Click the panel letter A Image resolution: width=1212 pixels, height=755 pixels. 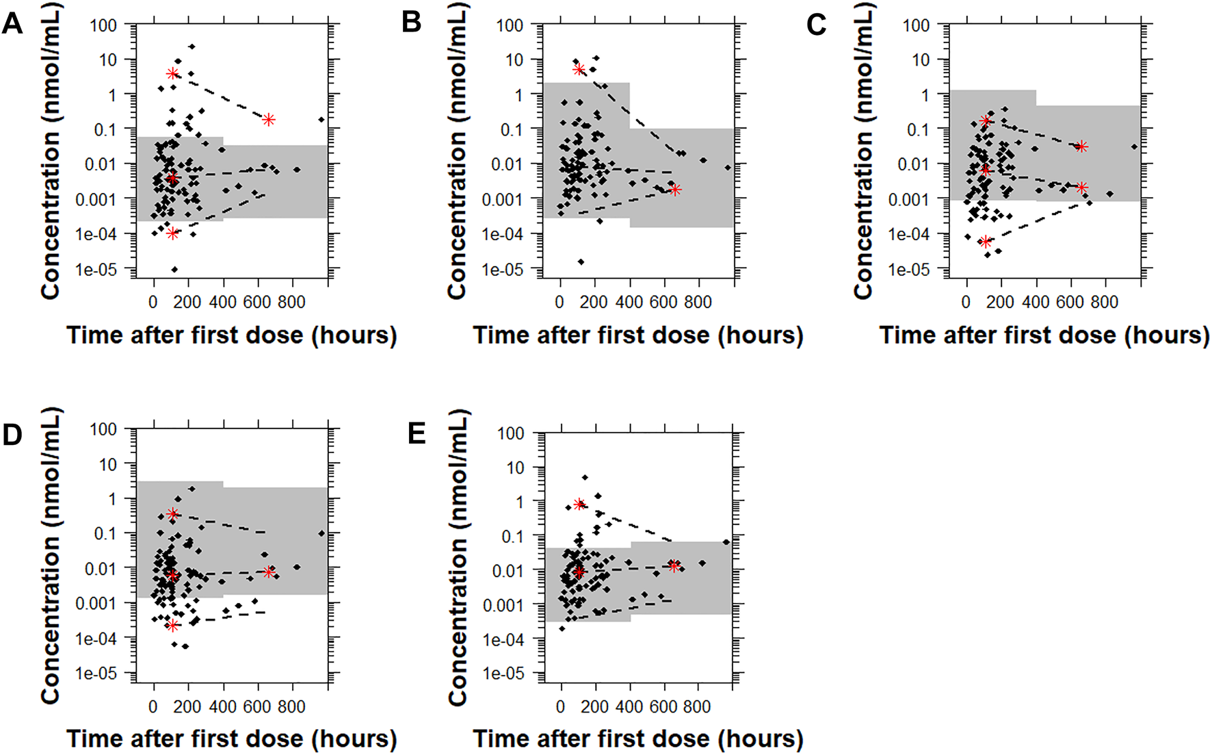pos(12,25)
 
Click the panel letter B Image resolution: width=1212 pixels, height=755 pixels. pos(412,22)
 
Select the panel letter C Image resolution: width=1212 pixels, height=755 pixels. pos(817,25)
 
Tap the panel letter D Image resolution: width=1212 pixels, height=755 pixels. pos(12,435)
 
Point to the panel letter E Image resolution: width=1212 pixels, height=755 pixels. pos(417,434)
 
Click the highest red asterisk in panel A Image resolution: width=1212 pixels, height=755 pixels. pos(172,74)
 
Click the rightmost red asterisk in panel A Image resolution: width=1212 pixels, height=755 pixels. pos(269,120)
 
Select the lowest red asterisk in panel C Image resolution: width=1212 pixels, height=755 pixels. pos(985,242)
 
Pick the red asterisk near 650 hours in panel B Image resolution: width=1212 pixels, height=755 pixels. pos(675,190)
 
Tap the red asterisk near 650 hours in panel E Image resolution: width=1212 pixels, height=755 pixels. pos(674,566)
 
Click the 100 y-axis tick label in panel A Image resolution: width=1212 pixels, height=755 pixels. pos(103,26)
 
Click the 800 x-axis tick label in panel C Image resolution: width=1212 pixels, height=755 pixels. pos(1104,302)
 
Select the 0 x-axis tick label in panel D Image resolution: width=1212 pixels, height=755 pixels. pos(153,706)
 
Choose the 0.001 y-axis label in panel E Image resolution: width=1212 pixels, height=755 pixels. pos(503,605)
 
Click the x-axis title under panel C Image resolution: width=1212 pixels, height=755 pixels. pos(1044,335)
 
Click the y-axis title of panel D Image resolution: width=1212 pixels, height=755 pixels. pos(51,556)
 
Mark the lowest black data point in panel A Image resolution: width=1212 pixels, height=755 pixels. pos(174,270)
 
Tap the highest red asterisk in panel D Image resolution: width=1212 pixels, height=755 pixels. pos(172,514)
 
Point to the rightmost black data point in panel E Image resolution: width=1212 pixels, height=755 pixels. pos(726,542)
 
